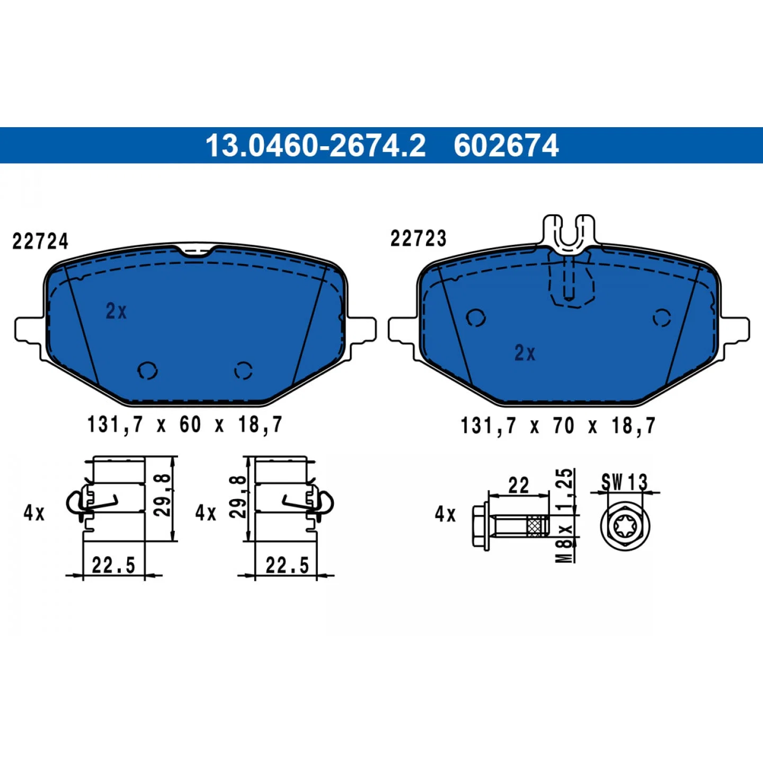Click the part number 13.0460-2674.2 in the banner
click(x=315, y=146)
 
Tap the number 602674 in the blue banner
click(x=506, y=146)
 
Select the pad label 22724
click(x=40, y=241)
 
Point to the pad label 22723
click(x=418, y=238)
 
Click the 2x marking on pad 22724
click(x=116, y=311)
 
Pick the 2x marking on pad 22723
click(x=525, y=353)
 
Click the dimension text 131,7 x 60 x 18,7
click(x=184, y=425)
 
